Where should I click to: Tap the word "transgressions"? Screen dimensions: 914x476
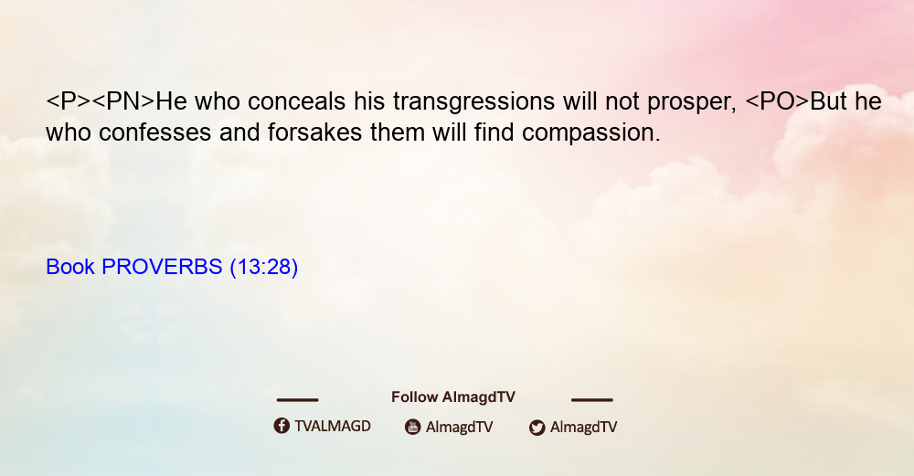pyautogui.click(x=473, y=102)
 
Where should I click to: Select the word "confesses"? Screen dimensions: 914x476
pyautogui.click(x=155, y=132)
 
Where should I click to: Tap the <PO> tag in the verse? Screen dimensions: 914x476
pyautogui.click(x=777, y=101)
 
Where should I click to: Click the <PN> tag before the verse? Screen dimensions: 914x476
pyautogui.click(x=123, y=101)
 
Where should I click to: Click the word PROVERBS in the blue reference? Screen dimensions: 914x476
pyautogui.click(x=162, y=267)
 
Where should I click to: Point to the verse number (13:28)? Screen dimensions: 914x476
pyautogui.click(x=264, y=268)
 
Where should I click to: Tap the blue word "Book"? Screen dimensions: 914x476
pyautogui.click(x=70, y=267)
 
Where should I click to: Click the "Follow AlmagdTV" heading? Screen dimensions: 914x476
pyautogui.click(x=453, y=397)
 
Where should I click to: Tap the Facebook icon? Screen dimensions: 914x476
pyautogui.click(x=282, y=426)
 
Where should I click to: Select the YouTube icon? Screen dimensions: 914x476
pyautogui.click(x=413, y=427)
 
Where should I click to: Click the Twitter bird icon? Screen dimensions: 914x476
pyautogui.click(x=537, y=428)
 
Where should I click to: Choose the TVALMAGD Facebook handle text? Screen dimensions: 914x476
pyautogui.click(x=333, y=426)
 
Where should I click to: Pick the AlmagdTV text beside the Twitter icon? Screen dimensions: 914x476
pyautogui.click(x=583, y=427)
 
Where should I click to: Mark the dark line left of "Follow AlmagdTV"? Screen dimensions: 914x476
pyautogui.click(x=297, y=399)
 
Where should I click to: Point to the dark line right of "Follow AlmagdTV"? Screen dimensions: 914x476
pyautogui.click(x=592, y=399)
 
